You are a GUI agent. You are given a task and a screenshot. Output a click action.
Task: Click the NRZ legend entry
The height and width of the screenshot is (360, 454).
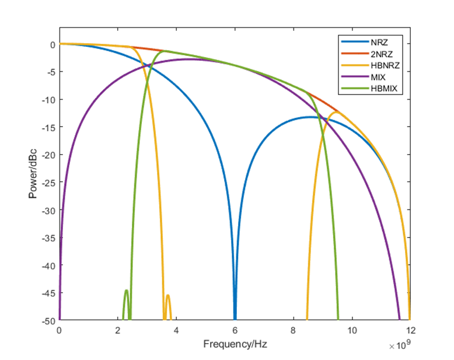(378, 42)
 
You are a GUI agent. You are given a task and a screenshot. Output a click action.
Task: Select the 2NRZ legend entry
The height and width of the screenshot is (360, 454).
(379, 54)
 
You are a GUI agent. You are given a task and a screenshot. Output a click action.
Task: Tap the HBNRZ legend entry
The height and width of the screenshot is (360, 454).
(382, 65)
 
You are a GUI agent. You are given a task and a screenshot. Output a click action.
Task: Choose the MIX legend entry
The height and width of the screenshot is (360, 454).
(377, 77)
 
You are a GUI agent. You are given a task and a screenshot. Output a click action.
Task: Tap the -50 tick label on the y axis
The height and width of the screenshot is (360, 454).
(48, 320)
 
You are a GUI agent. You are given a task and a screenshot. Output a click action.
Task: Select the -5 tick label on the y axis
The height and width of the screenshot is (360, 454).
(50, 72)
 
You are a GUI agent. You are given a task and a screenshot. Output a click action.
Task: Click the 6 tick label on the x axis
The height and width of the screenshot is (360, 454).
(235, 329)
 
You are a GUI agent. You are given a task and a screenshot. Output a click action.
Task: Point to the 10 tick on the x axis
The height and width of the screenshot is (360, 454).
(351, 329)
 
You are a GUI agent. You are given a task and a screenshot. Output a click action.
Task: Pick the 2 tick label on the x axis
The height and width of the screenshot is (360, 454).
(118, 329)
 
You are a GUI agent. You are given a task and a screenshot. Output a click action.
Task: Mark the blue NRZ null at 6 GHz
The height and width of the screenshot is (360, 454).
(235, 315)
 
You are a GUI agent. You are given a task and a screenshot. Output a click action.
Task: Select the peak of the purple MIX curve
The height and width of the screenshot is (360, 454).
(190, 59)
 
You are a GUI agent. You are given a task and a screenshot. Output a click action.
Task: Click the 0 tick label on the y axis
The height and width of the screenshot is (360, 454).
(53, 44)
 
